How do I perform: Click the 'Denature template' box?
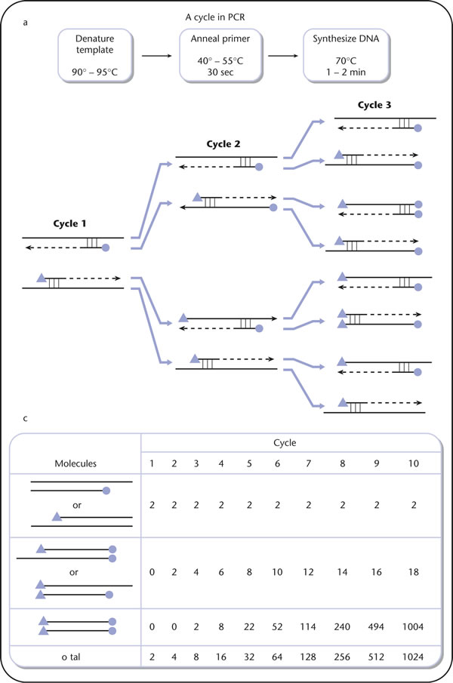tap(95, 55)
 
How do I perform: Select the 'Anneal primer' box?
tap(220, 55)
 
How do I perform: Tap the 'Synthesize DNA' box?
tap(347, 55)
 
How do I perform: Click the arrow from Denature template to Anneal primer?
tap(157, 56)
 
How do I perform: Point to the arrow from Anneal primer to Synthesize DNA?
tap(283, 56)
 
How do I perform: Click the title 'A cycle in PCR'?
tap(215, 17)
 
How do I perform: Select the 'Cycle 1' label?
tap(69, 223)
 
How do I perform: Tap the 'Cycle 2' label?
tap(223, 143)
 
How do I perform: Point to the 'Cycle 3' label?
tap(374, 105)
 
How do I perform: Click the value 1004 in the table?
tap(413, 626)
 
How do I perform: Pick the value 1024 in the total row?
tap(413, 657)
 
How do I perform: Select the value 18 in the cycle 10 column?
tap(414, 572)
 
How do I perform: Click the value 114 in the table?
tap(308, 626)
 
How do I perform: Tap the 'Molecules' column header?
tap(75, 463)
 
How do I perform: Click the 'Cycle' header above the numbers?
tap(285, 442)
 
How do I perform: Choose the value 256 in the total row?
tap(342, 657)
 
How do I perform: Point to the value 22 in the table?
tap(249, 626)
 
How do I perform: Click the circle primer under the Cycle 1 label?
tap(105, 248)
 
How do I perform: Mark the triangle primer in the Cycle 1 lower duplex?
tap(42, 278)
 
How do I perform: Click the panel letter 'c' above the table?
tap(25, 419)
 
